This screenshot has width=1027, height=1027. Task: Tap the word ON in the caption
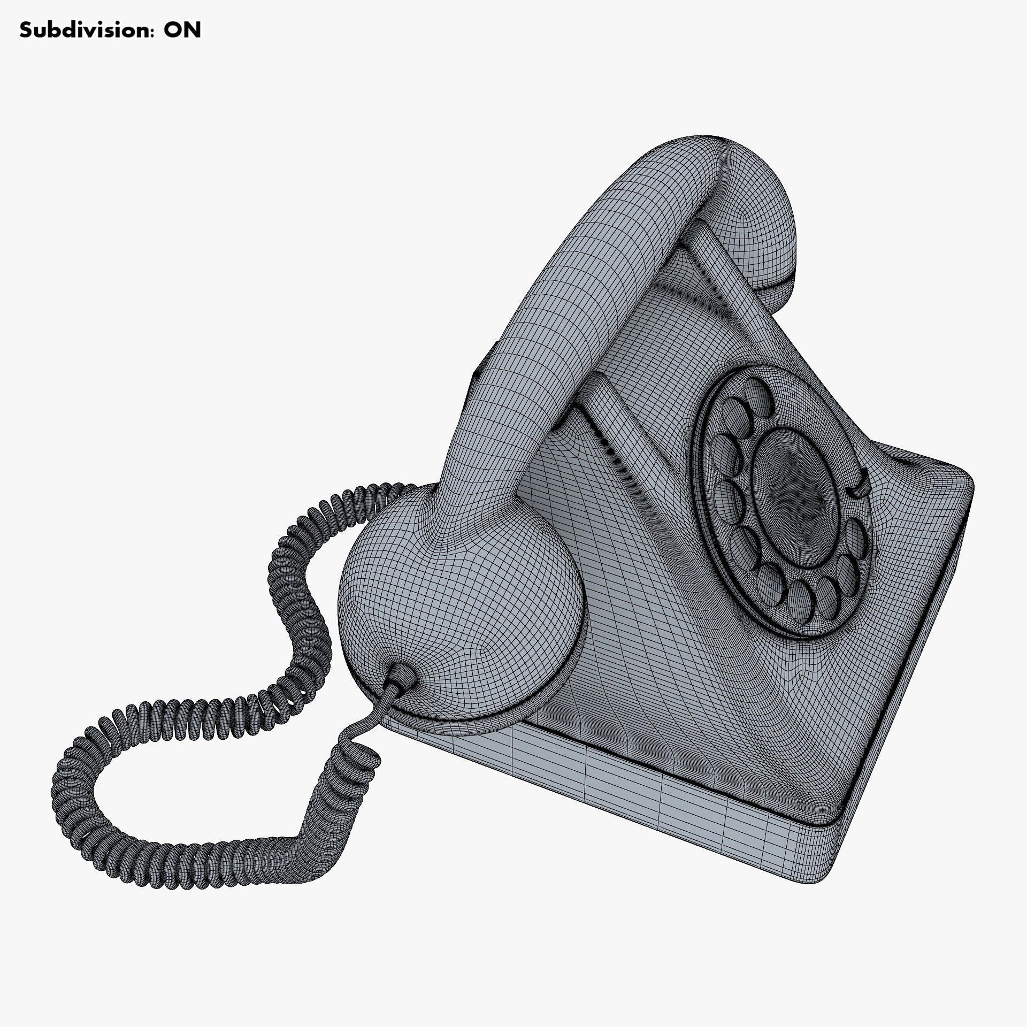(182, 30)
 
